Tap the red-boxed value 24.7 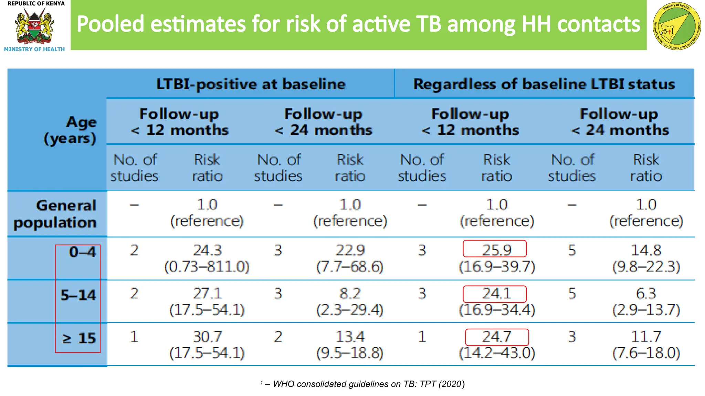497,337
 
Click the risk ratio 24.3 207,250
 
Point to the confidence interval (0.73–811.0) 207,267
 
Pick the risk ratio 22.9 350,250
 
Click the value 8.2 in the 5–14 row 350,294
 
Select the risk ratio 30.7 207,337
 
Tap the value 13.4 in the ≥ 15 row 350,337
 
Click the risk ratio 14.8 646,250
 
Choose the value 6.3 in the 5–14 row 646,294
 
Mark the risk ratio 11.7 646,337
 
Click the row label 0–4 82,252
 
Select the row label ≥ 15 78,338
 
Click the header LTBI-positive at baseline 251,84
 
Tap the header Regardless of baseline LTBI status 544,84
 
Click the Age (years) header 71,130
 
